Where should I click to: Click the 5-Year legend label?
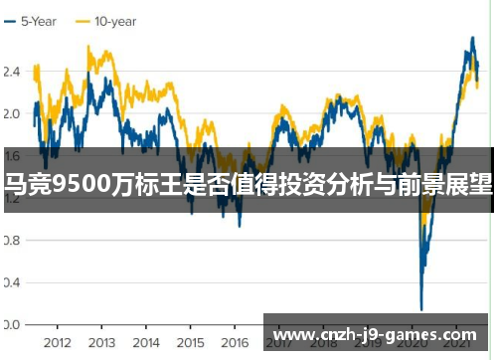click(x=42, y=20)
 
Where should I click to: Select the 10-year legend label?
click(x=116, y=20)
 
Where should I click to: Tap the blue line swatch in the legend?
click(x=10, y=20)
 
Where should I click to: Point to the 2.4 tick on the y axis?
click(x=12, y=72)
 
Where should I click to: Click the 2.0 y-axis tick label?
click(x=12, y=113)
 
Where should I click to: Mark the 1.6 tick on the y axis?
click(x=12, y=156)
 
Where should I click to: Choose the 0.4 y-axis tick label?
click(x=12, y=282)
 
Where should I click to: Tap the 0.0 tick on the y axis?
click(x=12, y=325)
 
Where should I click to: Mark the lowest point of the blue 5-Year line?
click(x=421, y=309)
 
